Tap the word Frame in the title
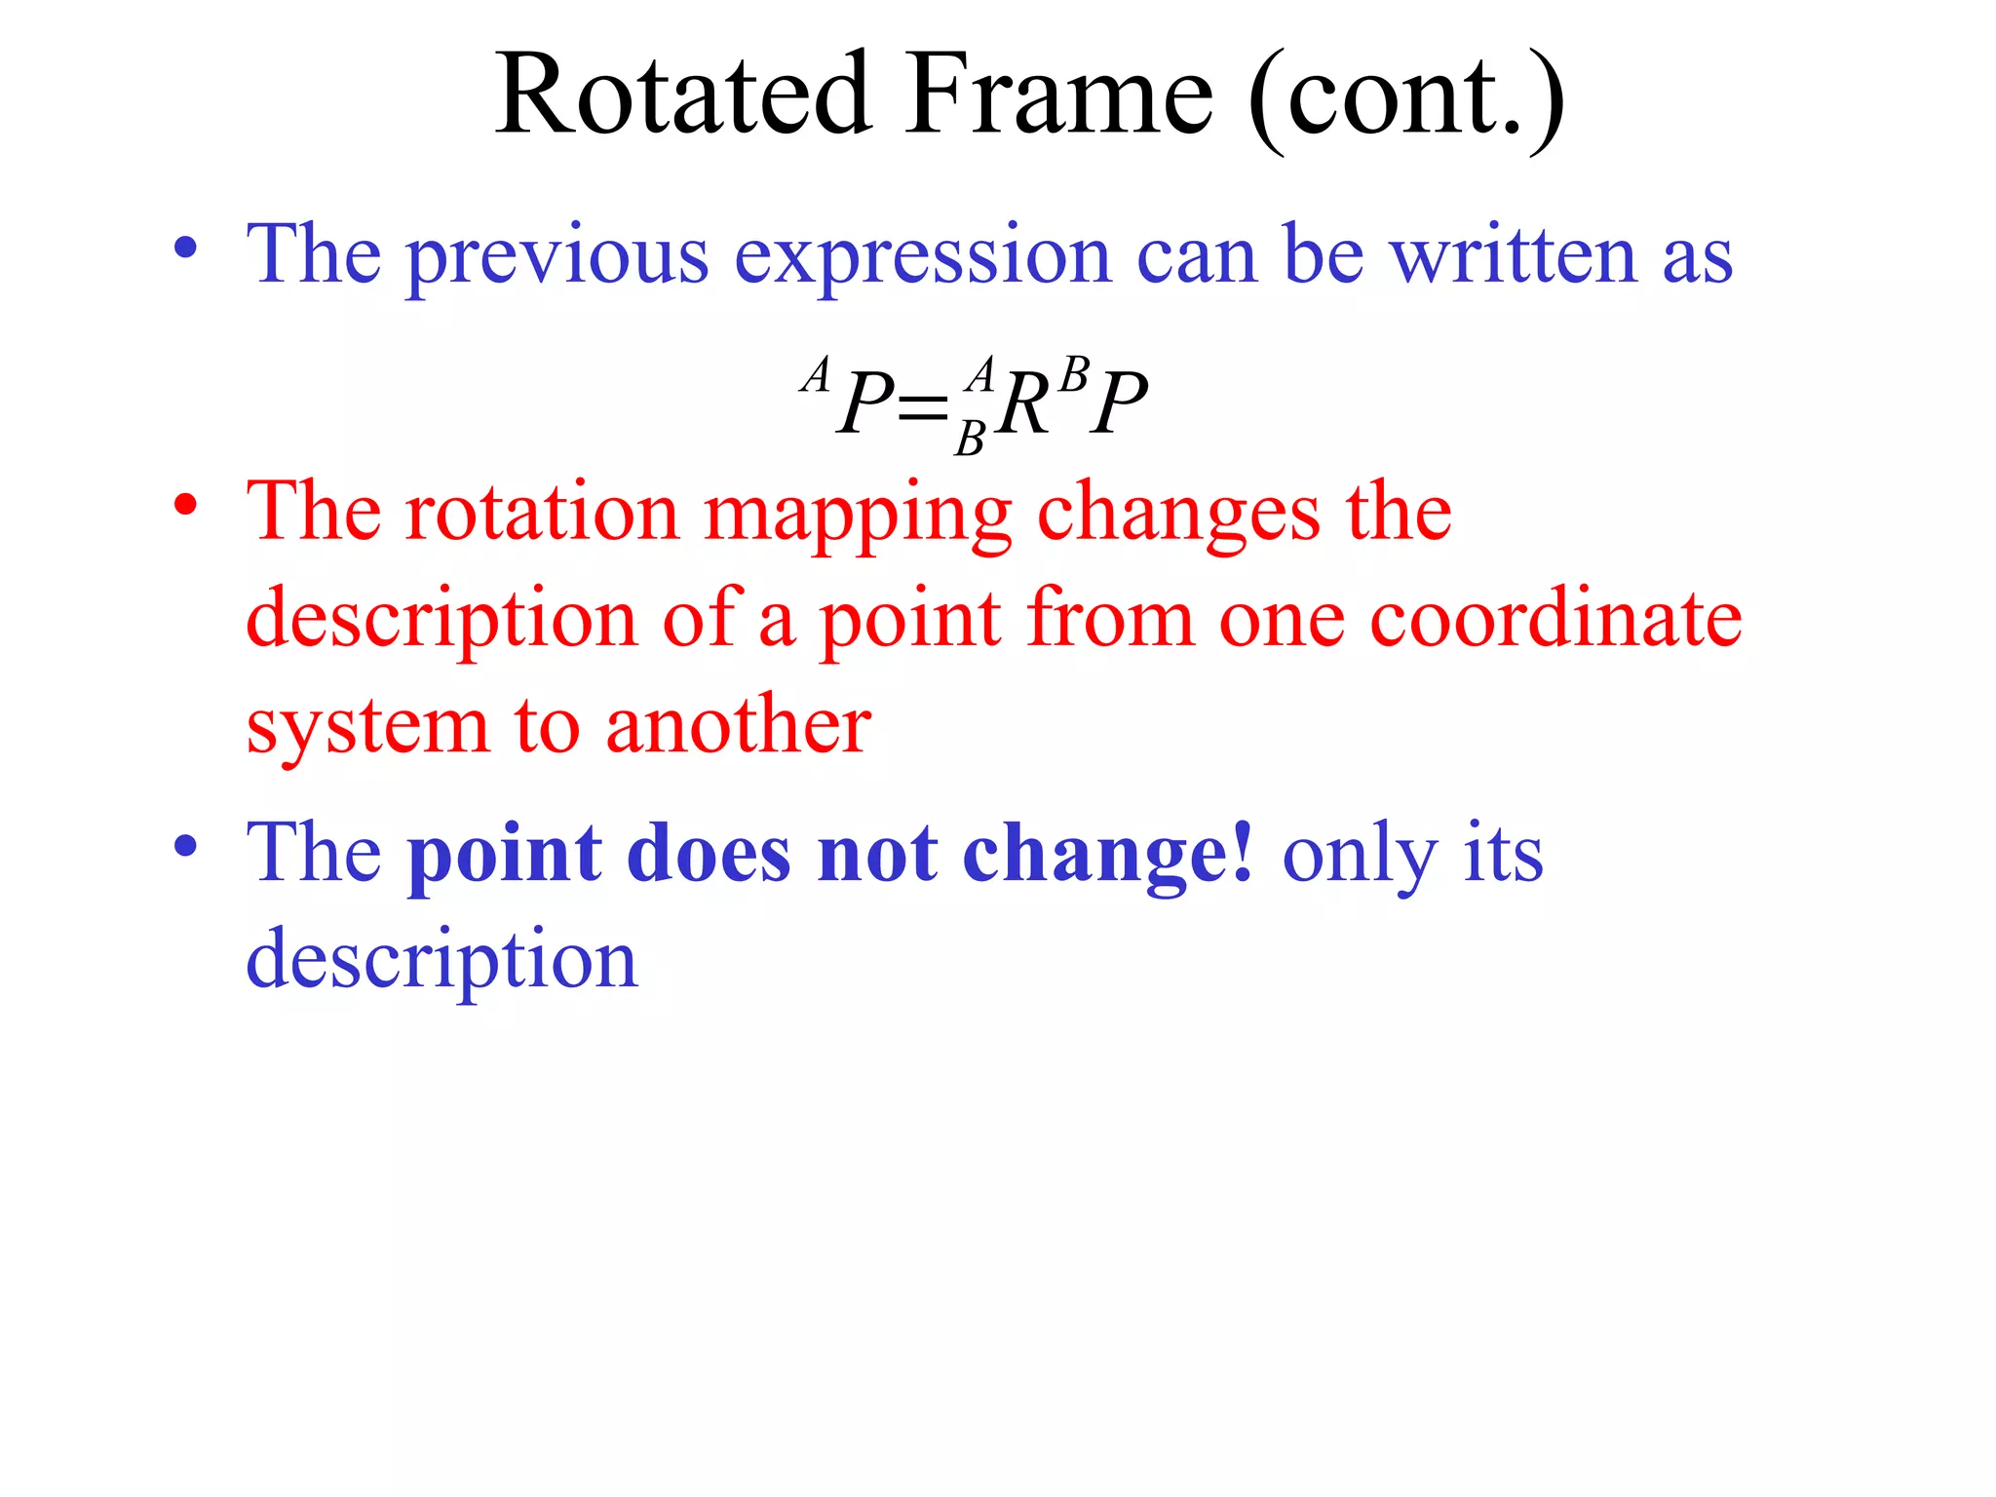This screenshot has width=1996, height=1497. (x=1060, y=96)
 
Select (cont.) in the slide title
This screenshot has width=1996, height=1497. (x=1405, y=97)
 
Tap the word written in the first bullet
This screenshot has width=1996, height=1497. (x=1513, y=255)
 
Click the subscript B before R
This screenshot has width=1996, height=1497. (x=970, y=441)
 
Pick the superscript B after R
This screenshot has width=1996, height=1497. (x=1074, y=374)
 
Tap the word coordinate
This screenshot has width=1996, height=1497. (x=1555, y=620)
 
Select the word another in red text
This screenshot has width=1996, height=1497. (x=738, y=726)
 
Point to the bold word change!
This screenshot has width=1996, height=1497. (x=1107, y=854)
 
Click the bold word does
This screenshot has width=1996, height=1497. (x=709, y=854)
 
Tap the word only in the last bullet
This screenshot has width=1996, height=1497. (x=1359, y=856)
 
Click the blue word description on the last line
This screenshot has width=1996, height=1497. (x=441, y=961)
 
